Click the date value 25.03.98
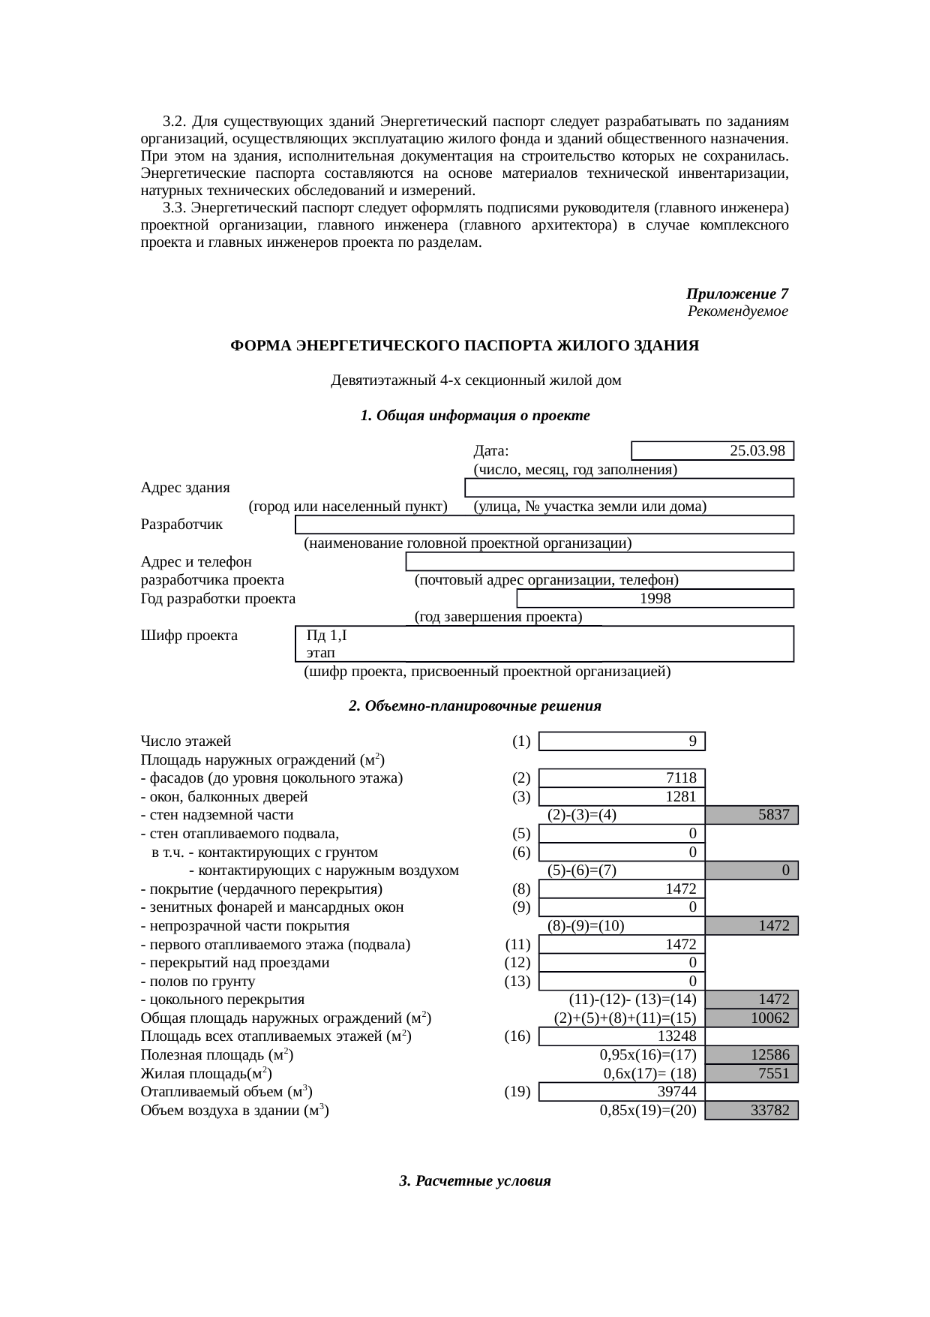[757, 451]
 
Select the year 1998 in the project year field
[655, 599]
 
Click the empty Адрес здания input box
[629, 488]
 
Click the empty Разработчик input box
[544, 525]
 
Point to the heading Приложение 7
[736, 293]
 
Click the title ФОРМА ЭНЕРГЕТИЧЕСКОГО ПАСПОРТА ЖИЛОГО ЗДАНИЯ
[464, 346]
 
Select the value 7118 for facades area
[681, 778]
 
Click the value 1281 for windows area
[681, 797]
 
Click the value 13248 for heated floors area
[676, 1036]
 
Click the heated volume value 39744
[676, 1092]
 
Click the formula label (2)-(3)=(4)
[582, 815]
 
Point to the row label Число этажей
[186, 741]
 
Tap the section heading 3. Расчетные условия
[475, 1181]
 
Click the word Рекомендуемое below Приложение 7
[737, 311]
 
